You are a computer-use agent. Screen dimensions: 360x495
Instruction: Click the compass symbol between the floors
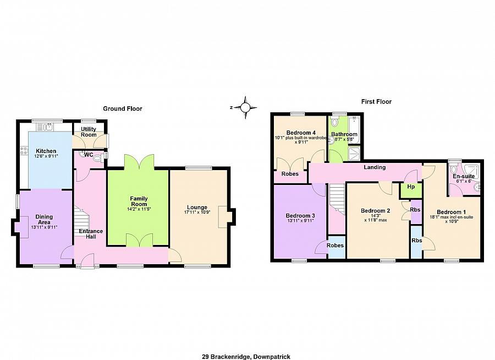point(245,107)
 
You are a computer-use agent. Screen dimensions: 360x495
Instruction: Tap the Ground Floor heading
point(123,108)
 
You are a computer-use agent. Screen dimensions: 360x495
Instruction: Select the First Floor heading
point(376,101)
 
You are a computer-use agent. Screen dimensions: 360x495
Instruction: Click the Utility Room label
point(89,132)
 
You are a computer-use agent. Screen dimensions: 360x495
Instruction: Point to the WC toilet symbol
point(97,159)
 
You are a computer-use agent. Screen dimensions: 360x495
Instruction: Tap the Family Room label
point(139,201)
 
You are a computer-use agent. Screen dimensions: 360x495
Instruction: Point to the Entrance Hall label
point(91,234)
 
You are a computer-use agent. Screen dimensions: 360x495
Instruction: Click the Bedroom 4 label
point(301,132)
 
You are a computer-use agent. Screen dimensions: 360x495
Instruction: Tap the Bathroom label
point(344,134)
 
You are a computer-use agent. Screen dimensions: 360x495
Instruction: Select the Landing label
point(374,167)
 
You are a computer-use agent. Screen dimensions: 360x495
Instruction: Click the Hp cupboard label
point(410,187)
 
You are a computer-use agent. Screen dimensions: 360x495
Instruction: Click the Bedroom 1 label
point(451,212)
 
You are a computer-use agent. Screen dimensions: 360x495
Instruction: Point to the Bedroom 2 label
point(375,210)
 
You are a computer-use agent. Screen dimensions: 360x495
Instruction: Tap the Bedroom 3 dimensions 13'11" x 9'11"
point(301,221)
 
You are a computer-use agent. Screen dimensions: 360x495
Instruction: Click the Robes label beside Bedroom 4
point(290,174)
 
